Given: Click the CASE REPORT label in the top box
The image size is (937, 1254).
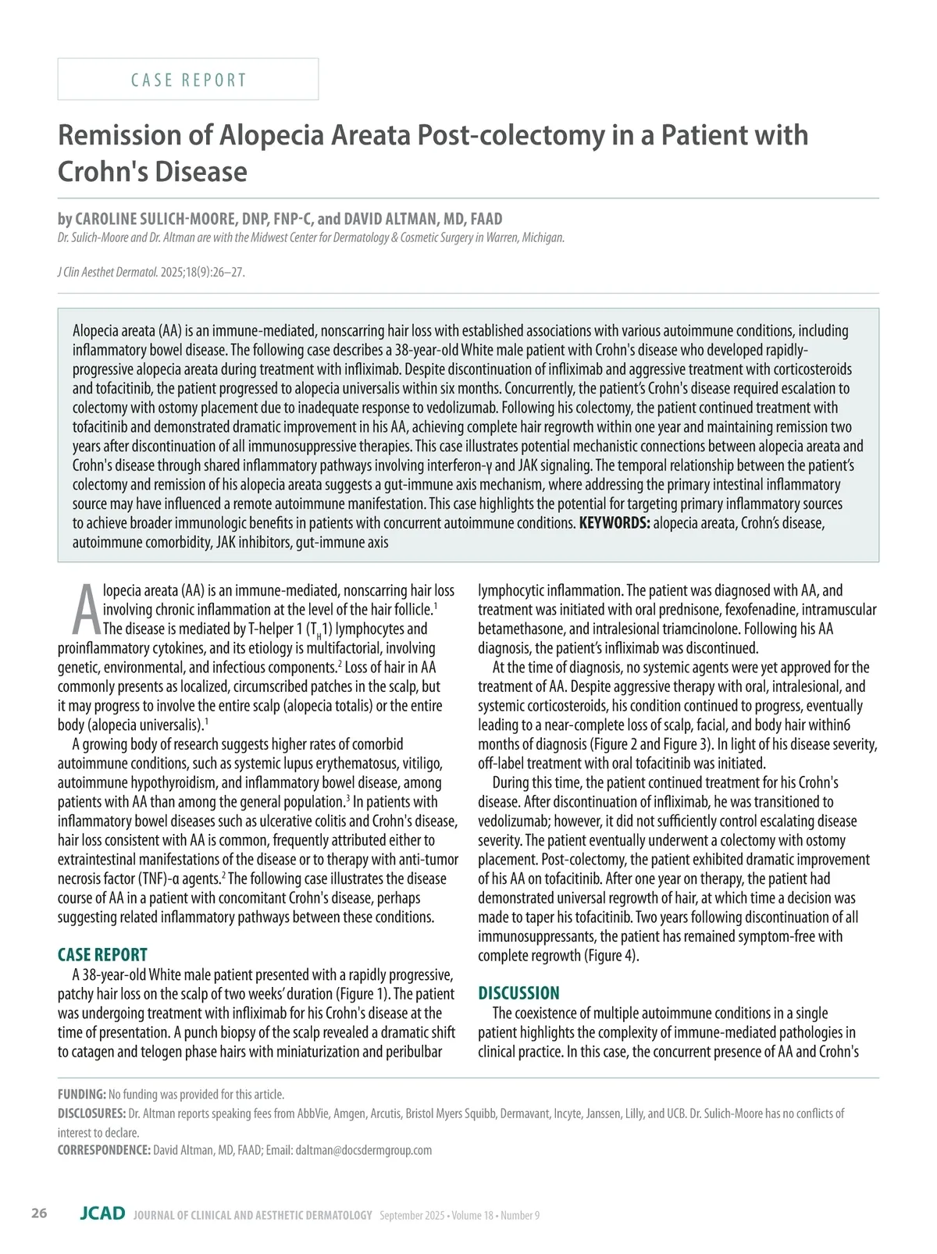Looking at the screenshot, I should [x=188, y=80].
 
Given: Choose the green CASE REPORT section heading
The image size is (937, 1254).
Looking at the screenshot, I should [x=102, y=955].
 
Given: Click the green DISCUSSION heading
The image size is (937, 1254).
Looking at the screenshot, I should [x=518, y=993].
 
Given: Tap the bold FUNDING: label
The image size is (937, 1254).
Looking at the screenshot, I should [x=81, y=1095].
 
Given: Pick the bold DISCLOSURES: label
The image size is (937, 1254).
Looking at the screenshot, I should [x=91, y=1113].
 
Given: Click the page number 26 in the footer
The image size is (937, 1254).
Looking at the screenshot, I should [x=39, y=1213].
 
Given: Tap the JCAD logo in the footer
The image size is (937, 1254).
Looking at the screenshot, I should [x=102, y=1213].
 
